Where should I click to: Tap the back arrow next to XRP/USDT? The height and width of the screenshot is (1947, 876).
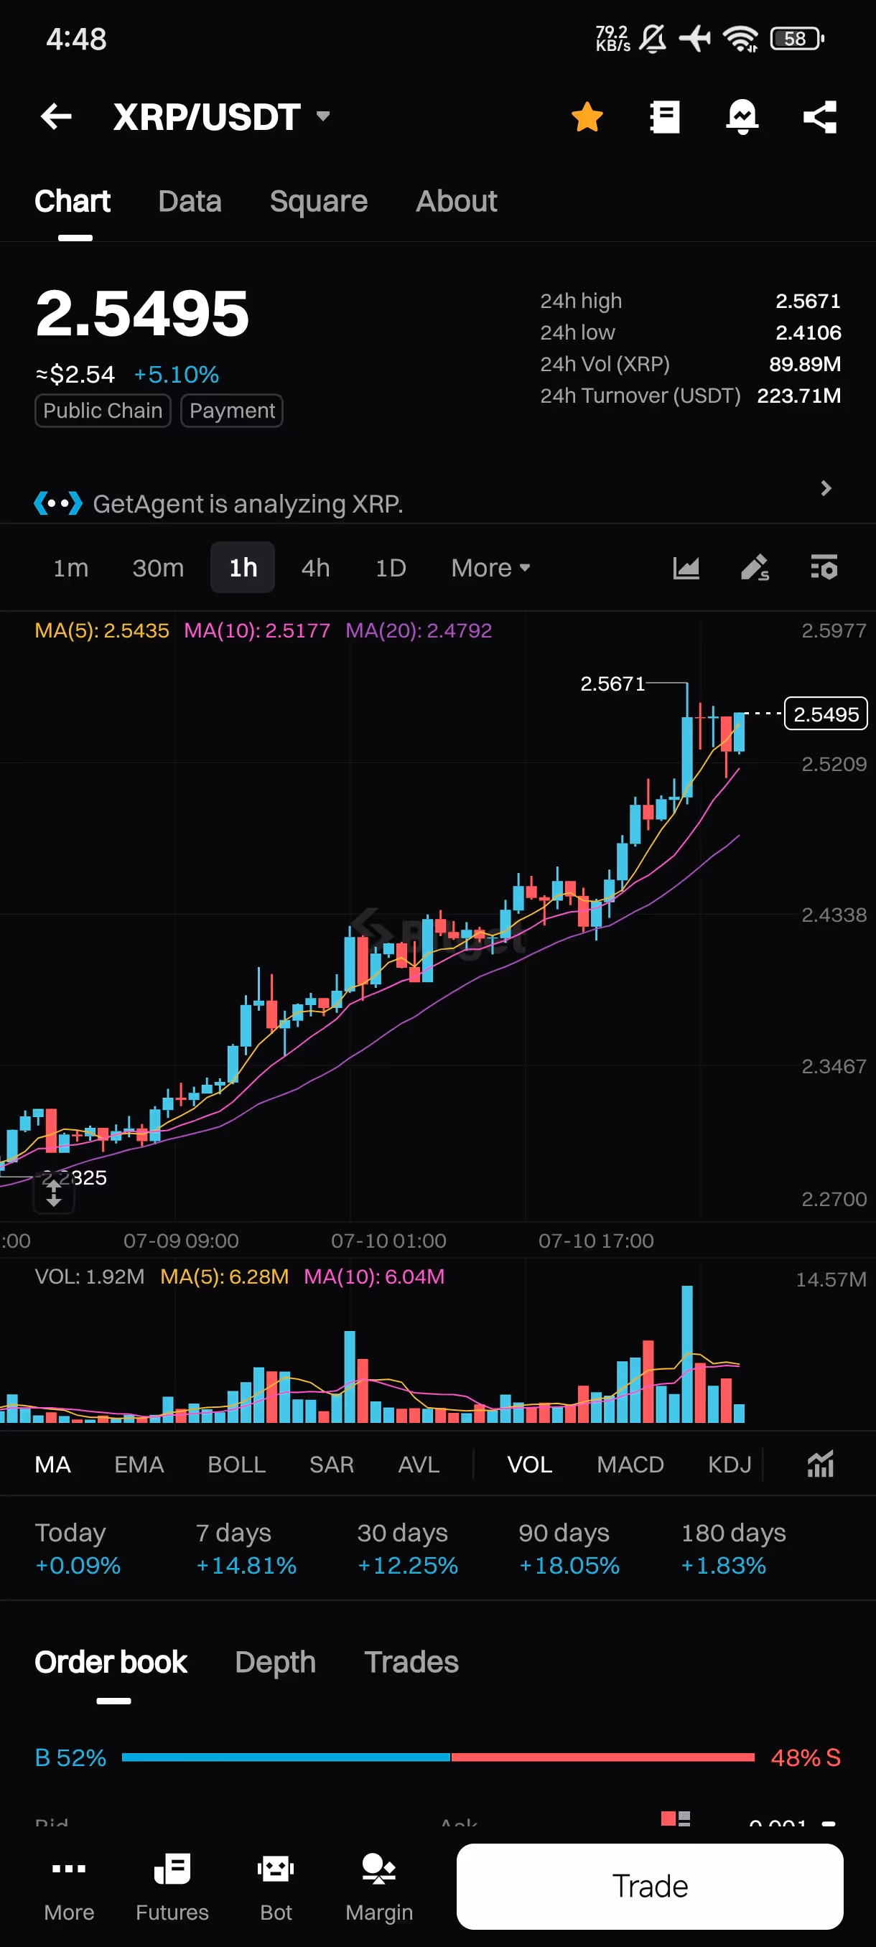point(56,116)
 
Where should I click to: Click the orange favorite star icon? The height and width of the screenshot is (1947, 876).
point(587,117)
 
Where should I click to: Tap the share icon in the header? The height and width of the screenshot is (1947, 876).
point(820,117)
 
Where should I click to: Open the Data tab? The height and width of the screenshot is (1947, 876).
point(190,201)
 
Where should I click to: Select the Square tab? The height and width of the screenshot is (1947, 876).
point(318,201)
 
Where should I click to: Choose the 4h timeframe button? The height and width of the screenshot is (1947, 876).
point(315,568)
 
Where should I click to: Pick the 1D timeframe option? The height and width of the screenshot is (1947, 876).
point(391,568)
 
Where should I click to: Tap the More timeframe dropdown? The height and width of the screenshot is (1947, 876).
point(490,568)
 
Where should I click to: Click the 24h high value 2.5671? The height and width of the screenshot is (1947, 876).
point(807,301)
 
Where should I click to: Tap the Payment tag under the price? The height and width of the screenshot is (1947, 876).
point(232,411)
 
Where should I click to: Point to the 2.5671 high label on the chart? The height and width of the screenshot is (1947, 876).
point(612,684)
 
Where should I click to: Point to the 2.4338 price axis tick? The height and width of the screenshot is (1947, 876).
point(833,915)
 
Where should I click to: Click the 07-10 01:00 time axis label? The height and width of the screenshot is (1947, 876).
point(388,1241)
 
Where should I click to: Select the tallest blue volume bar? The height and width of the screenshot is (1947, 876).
point(687,1353)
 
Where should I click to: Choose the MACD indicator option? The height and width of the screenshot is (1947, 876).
point(630,1464)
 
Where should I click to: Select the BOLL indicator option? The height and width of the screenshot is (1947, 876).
point(236,1464)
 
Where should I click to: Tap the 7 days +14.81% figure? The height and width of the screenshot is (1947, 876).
point(246,1564)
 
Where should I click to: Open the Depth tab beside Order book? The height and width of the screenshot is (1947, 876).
point(275,1662)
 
